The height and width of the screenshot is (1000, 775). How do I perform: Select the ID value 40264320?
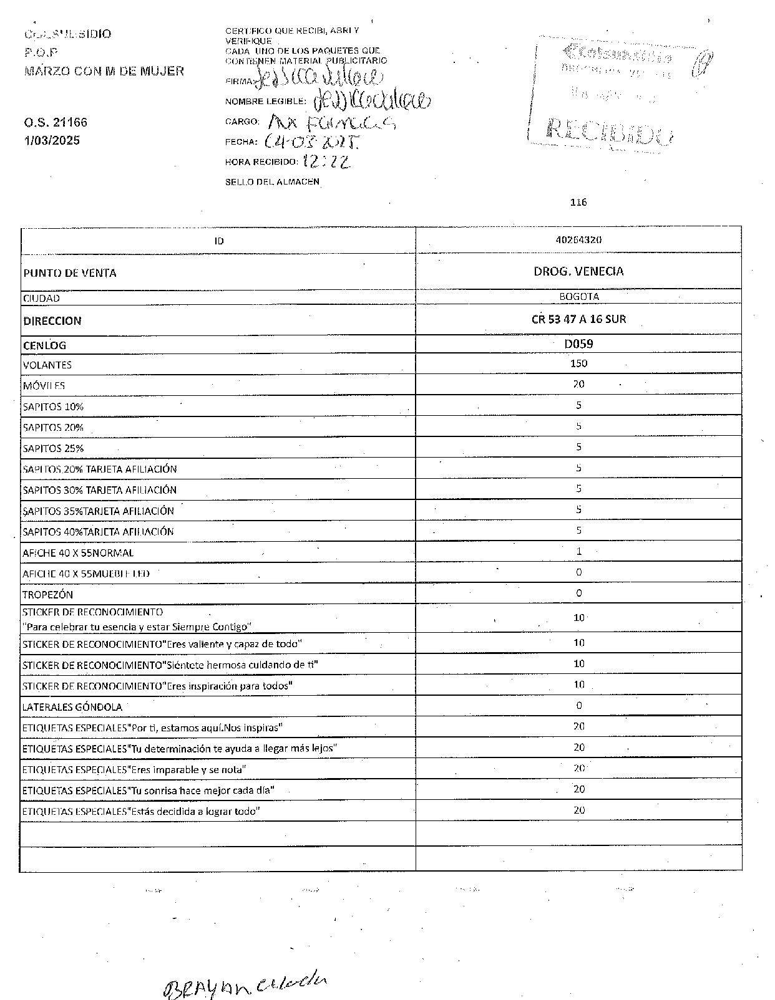(578, 240)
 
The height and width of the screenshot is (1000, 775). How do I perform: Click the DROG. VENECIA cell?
(578, 271)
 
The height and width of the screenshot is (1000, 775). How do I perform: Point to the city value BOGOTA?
(579, 297)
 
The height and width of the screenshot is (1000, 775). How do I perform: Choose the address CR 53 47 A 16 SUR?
(578, 319)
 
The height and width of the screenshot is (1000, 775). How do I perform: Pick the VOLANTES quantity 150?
(578, 363)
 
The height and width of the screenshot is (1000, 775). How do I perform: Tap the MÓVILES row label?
(44, 386)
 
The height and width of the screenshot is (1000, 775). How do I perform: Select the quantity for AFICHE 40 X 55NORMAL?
(579, 551)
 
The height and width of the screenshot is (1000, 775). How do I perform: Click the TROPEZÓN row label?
(47, 594)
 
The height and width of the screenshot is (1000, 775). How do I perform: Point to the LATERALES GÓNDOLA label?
(72, 707)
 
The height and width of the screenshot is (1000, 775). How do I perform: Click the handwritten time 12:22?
(326, 162)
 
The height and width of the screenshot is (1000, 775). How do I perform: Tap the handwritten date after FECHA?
(312, 142)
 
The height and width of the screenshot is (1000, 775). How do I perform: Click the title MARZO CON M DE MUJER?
(104, 71)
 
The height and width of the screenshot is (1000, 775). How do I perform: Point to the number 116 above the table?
(578, 202)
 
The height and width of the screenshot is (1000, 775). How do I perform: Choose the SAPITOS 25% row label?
(53, 448)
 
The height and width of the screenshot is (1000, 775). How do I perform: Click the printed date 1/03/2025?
(52, 140)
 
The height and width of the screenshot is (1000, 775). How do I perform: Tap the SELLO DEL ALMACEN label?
(272, 182)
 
